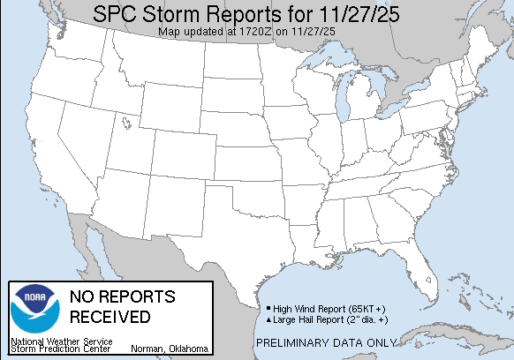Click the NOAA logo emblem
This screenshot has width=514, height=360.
[34, 309]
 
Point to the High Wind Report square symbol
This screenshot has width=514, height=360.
[268, 308]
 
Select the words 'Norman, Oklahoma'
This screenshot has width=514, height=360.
[170, 348]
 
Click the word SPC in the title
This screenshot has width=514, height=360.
[118, 16]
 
